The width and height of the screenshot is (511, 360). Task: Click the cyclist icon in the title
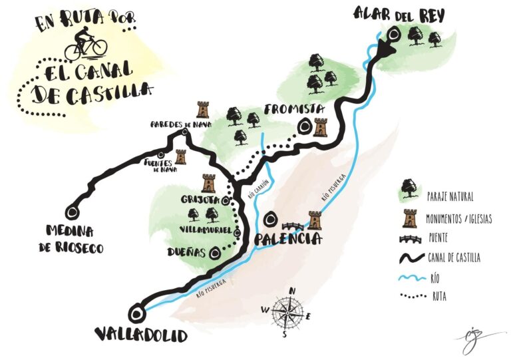[x=85, y=44]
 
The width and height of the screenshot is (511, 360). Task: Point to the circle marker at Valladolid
[x=138, y=313]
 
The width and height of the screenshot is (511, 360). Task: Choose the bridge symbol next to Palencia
[x=292, y=225]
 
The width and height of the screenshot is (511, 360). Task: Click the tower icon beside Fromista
[x=321, y=126]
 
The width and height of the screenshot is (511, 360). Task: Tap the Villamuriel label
[x=204, y=229]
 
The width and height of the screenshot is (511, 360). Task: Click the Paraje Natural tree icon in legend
[x=407, y=190]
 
